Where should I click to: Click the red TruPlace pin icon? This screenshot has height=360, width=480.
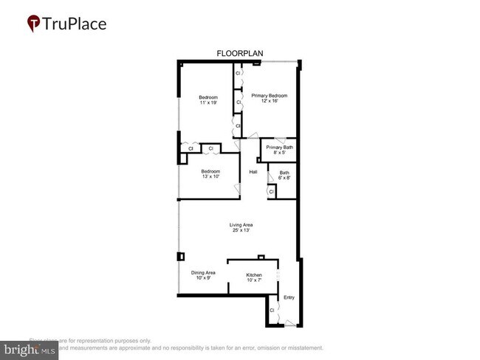point(33,24)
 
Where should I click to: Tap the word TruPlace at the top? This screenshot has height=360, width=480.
point(75,24)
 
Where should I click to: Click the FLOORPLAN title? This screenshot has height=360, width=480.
point(239,54)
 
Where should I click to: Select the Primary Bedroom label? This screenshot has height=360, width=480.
point(269,96)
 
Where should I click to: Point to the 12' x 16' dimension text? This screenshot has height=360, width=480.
point(269,102)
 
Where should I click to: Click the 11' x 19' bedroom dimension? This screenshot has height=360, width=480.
point(209,103)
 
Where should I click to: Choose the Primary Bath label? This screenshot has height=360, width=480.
point(280,148)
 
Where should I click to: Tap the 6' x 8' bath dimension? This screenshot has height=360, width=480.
point(284,178)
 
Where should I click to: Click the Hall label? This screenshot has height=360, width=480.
point(253,172)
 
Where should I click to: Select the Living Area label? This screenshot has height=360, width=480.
point(240,225)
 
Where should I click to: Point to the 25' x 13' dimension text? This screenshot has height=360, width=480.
point(240,231)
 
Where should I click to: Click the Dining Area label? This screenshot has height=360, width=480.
point(203,272)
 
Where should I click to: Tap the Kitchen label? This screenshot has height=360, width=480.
point(254,275)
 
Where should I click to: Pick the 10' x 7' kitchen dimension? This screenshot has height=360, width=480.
point(254,280)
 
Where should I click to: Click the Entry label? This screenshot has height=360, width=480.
point(289,297)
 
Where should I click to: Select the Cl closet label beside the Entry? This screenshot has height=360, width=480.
point(272,311)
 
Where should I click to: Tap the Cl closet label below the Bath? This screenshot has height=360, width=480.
point(271,192)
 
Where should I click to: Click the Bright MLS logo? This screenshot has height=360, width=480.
point(30,349)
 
